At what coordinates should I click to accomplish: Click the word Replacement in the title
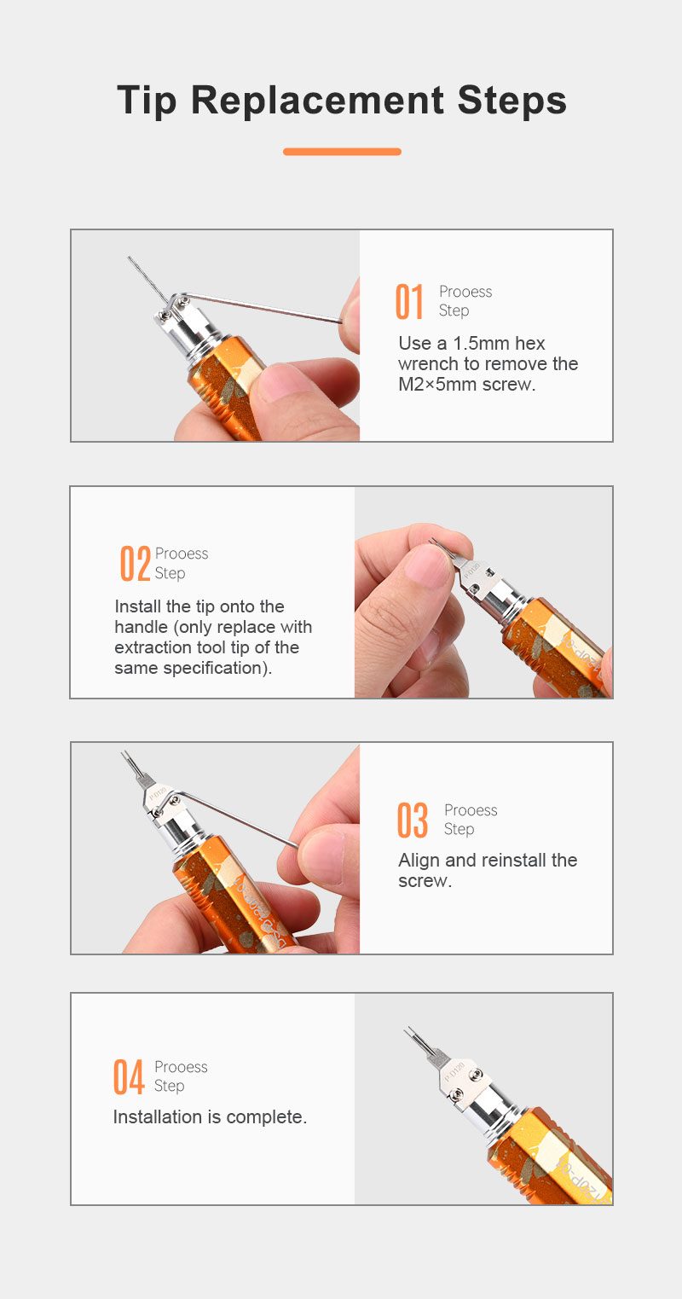317,101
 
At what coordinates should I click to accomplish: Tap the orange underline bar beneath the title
342,151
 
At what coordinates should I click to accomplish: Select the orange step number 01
409,302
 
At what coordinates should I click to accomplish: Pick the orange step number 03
413,820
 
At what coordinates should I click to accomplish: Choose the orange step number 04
129,1077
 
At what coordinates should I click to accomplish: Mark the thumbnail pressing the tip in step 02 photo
428,564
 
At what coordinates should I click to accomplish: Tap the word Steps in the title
511,101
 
